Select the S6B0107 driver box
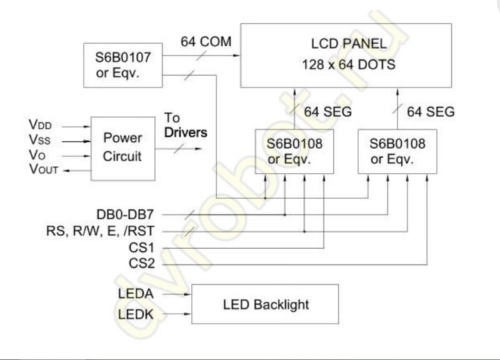[122, 65]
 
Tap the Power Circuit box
[122, 147]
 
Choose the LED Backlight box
[265, 304]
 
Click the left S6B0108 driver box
[294, 151]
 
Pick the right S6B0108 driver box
[397, 151]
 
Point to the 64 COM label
[206, 42]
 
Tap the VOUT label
[46, 169]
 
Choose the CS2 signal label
[143, 264]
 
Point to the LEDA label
[134, 293]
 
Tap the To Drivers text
[185, 126]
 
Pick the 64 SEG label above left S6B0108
[327, 112]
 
